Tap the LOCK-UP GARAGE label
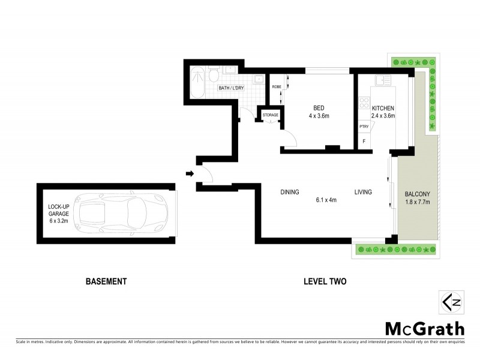pyautogui.click(x=59, y=213)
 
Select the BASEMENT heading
pyautogui.click(x=106, y=281)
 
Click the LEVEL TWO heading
pyautogui.click(x=325, y=281)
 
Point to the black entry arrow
pyautogui.click(x=190, y=174)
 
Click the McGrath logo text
pyautogui.click(x=424, y=328)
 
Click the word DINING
pyautogui.click(x=289, y=193)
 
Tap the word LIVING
pyautogui.click(x=362, y=193)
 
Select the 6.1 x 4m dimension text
pyautogui.click(x=326, y=200)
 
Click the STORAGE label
pyautogui.click(x=270, y=115)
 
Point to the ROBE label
pyautogui.click(x=276, y=87)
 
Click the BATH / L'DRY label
pyautogui.click(x=230, y=89)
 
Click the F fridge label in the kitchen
pyautogui.click(x=363, y=142)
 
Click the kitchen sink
pyautogui.click(x=382, y=79)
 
